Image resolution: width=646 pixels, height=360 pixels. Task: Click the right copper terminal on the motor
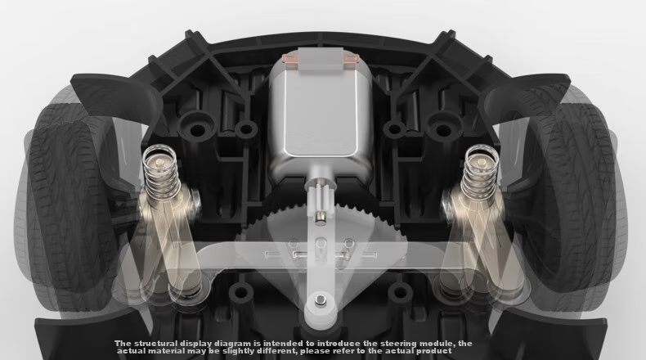[x=351, y=59]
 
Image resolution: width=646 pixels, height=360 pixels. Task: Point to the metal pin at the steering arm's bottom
[x=320, y=299]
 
